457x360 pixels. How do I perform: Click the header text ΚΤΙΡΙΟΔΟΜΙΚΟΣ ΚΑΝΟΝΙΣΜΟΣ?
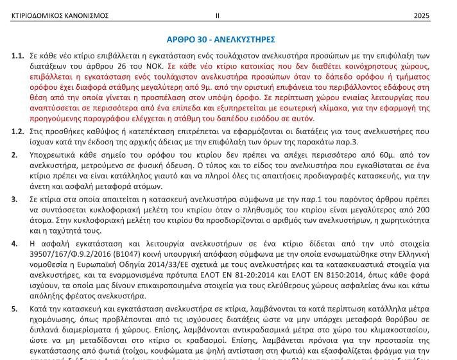[60, 15]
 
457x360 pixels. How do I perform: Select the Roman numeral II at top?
[218, 15]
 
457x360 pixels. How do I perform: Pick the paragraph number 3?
[14, 200]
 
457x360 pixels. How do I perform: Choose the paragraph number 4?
[14, 243]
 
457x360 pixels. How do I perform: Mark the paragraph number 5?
[14, 309]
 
